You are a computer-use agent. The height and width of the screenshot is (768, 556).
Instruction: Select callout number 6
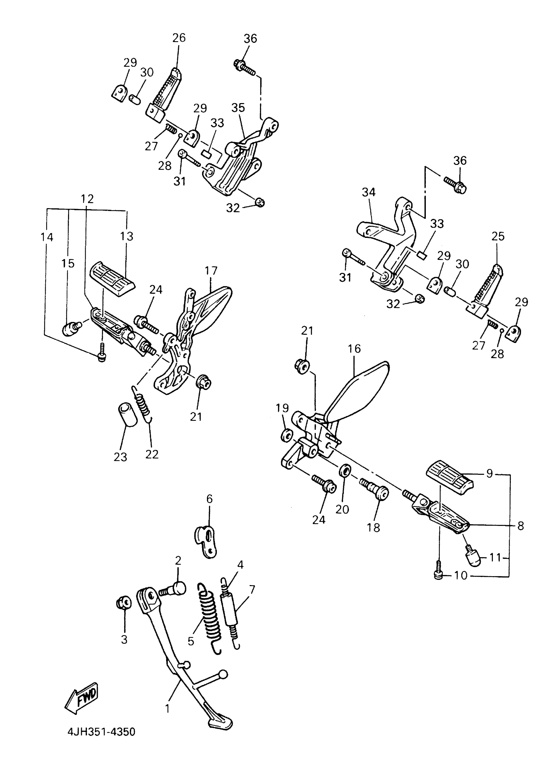tap(209, 499)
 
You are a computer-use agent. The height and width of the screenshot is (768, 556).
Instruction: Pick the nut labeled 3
tap(124, 603)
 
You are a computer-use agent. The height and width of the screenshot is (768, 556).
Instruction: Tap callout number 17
tap(211, 271)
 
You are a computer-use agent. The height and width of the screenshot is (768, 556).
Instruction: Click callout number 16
tap(354, 348)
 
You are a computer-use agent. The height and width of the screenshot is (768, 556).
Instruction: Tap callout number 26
tap(179, 38)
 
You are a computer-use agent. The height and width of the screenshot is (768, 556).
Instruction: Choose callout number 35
tap(238, 108)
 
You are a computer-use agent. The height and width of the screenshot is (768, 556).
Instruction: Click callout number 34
tap(369, 192)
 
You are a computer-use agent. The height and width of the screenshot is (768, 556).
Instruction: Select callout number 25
tap(498, 236)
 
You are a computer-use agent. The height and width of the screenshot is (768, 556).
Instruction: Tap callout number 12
tap(87, 199)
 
